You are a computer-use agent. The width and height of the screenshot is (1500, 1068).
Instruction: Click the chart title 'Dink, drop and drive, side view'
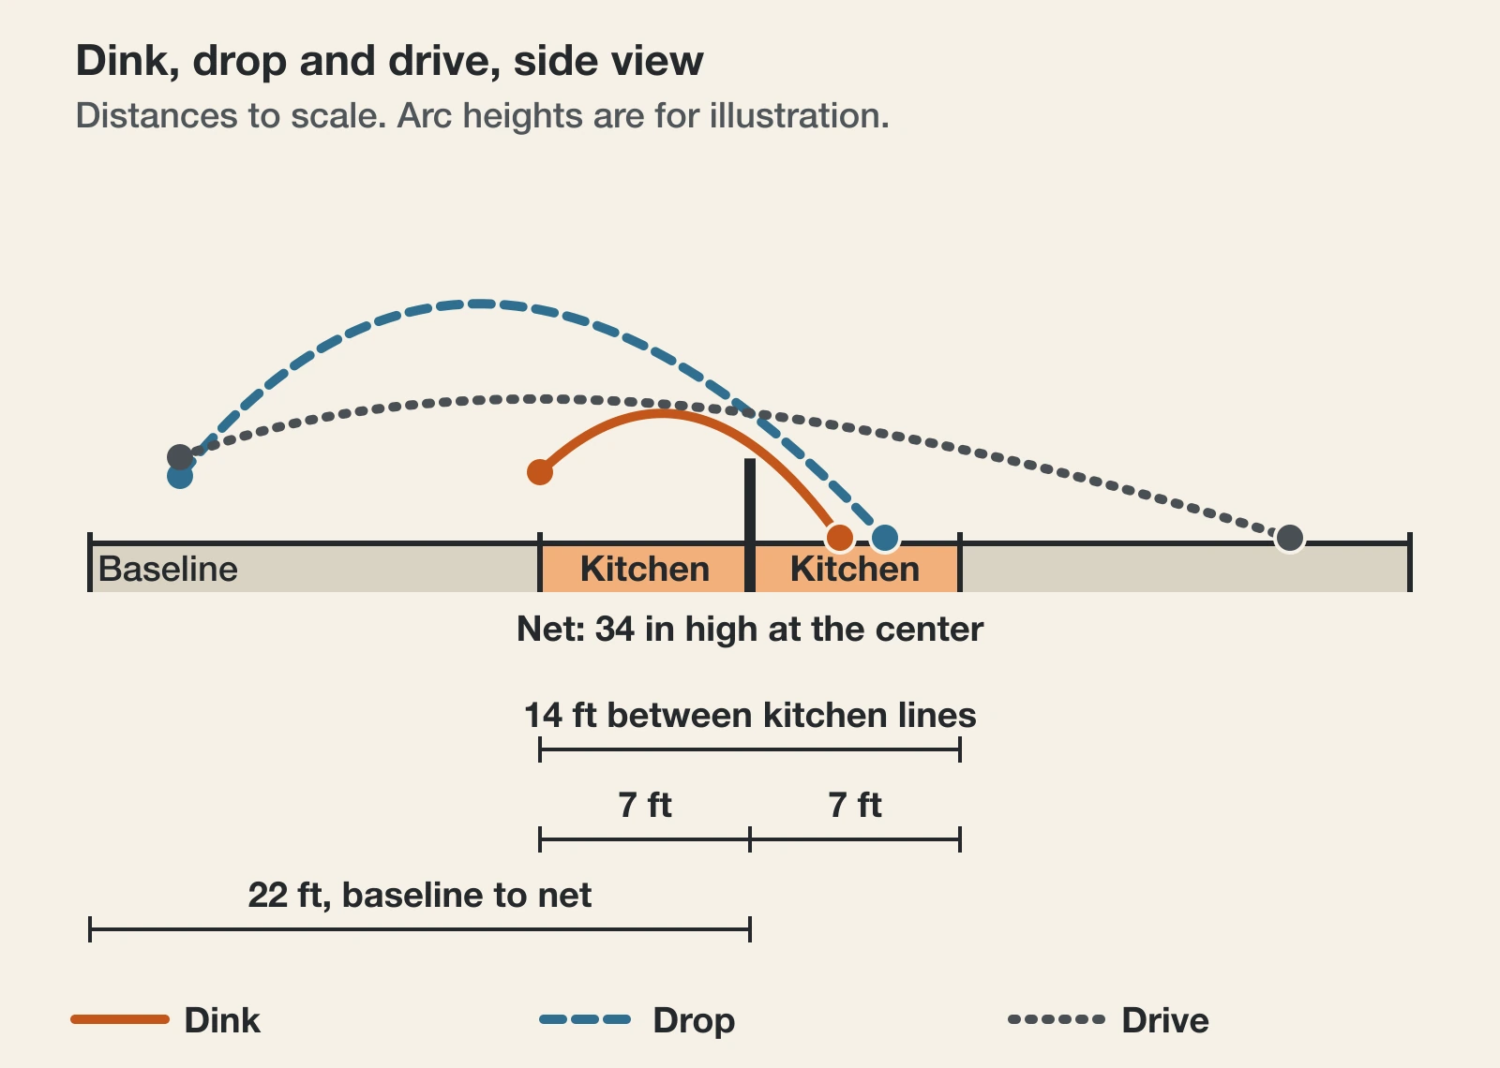(x=390, y=62)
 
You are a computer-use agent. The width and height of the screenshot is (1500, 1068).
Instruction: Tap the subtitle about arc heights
(x=482, y=116)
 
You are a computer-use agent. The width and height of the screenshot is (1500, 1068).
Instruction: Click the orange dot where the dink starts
(x=540, y=472)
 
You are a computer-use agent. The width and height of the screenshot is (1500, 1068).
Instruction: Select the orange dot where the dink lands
(x=840, y=538)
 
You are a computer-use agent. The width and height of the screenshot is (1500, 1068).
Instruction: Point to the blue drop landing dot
(x=885, y=538)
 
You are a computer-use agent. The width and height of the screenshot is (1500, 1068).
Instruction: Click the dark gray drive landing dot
(x=1290, y=538)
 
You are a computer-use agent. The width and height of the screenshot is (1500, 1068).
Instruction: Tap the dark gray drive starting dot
(x=180, y=457)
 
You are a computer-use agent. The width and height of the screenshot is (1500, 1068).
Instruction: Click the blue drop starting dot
(x=180, y=477)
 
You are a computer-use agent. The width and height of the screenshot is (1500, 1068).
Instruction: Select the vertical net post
(x=750, y=525)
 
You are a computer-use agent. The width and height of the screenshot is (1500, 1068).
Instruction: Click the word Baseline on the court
(x=168, y=569)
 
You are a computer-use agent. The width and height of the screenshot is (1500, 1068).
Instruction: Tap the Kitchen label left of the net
(x=645, y=569)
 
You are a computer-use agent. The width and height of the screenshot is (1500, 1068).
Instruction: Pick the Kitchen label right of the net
(x=855, y=569)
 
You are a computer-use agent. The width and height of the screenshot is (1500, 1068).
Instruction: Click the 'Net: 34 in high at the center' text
(x=750, y=629)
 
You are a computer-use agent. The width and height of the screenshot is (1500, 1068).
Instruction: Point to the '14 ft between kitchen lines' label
(x=750, y=715)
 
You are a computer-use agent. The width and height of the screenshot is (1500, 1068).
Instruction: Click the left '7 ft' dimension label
(x=645, y=805)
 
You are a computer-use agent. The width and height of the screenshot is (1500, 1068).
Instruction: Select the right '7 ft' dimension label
(x=855, y=805)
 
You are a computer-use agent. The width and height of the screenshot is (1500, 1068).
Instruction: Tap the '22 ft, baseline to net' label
(x=420, y=896)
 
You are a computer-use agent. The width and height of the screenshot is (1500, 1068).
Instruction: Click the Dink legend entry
(x=165, y=1020)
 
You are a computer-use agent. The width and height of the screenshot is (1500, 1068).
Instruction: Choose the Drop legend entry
(x=637, y=1020)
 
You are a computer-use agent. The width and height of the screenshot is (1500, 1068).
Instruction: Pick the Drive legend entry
(x=1108, y=1020)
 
